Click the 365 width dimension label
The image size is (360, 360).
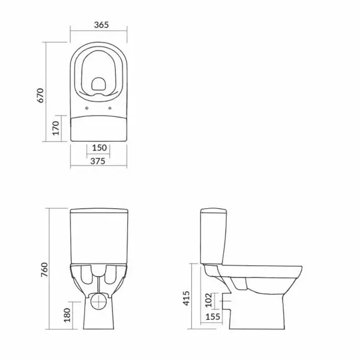(x=101, y=25)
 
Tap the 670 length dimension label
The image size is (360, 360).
(x=40, y=95)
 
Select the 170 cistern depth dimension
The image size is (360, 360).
(x=56, y=128)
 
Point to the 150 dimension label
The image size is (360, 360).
(x=100, y=148)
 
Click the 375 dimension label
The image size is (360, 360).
(x=98, y=161)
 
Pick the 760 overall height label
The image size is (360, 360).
(x=44, y=269)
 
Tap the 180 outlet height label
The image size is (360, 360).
(x=67, y=315)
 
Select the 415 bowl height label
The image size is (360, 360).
(x=186, y=298)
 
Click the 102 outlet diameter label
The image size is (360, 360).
(x=208, y=300)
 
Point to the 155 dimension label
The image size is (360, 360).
(x=213, y=317)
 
